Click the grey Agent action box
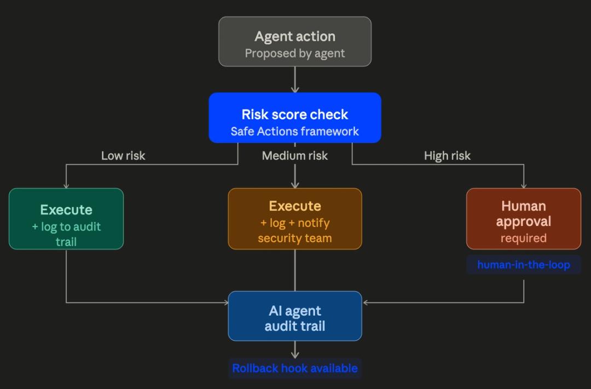(295, 42)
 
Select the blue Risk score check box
(295, 118)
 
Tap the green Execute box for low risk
(66, 219)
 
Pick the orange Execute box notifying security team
(295, 219)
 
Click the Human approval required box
(524, 219)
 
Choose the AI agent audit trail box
(295, 316)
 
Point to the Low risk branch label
(123, 156)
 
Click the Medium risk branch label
(295, 156)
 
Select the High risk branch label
(447, 156)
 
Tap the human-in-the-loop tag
(524, 265)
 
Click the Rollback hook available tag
(295, 368)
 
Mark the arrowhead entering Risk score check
(295, 89)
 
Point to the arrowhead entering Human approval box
(524, 185)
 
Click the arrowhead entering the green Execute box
(66, 185)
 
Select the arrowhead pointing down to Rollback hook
(295, 355)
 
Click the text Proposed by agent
(295, 54)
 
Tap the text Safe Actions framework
(295, 131)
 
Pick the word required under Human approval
(524, 238)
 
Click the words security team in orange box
(295, 238)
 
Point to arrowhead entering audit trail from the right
(366, 303)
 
